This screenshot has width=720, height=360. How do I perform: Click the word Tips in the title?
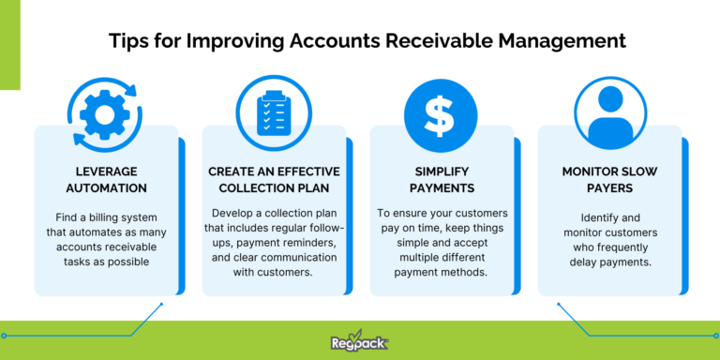[x=126, y=42]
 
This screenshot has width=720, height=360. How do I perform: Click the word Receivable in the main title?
[x=427, y=42]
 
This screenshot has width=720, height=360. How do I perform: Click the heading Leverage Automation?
[x=105, y=181]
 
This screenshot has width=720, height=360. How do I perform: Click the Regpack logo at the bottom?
[x=360, y=343]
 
